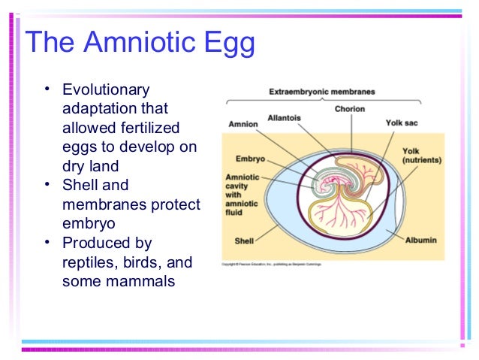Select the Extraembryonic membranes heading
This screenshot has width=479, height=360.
pyautogui.click(x=321, y=92)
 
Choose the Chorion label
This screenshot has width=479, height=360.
pyautogui.click(x=351, y=109)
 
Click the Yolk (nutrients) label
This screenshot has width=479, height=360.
pyautogui.click(x=421, y=156)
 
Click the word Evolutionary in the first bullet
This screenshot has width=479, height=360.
pyautogui.click(x=106, y=90)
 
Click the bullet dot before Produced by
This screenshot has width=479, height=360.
pyautogui.click(x=47, y=243)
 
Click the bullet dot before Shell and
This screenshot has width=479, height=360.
pyautogui.click(x=47, y=185)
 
